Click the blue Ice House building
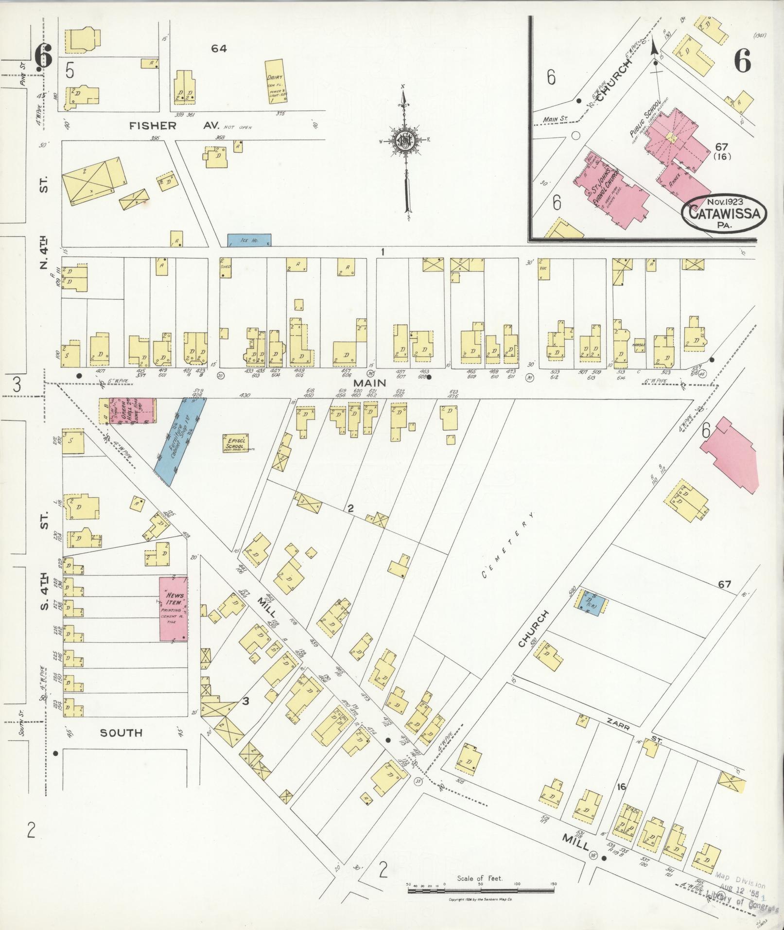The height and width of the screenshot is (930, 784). point(249,240)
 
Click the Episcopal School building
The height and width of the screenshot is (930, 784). point(236,443)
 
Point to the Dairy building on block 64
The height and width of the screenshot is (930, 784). point(276,81)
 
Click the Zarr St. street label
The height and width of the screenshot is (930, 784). point(632,730)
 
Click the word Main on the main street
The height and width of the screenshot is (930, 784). point(373,383)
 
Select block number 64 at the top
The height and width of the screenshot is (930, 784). point(219,49)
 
